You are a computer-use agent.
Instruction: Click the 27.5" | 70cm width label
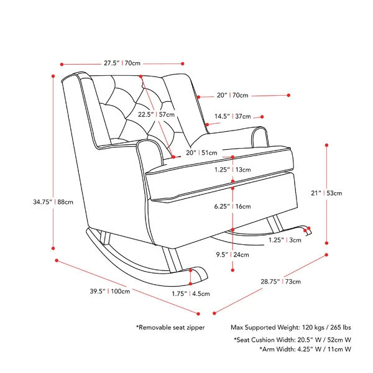122,63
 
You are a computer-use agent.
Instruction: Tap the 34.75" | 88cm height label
53,202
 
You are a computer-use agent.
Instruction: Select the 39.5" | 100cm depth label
110,291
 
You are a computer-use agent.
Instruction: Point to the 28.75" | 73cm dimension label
281,282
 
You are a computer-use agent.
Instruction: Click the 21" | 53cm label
326,193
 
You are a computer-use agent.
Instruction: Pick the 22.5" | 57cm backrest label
156,114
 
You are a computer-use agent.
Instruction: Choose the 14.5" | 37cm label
233,116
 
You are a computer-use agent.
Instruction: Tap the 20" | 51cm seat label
201,153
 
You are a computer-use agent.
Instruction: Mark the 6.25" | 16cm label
233,206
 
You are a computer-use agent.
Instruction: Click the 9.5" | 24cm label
233,254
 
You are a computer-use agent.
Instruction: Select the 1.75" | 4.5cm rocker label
191,293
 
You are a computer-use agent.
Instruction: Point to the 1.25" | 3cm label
285,240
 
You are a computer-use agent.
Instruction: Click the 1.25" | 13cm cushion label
233,170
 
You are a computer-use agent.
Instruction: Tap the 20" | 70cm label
233,95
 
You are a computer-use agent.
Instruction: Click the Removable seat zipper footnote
170,328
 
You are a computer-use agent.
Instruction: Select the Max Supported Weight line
291,328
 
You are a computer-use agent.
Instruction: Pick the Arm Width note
305,349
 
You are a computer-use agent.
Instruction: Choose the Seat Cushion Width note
292,339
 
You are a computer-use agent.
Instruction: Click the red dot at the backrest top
141,76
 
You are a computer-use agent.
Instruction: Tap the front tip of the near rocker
207,278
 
